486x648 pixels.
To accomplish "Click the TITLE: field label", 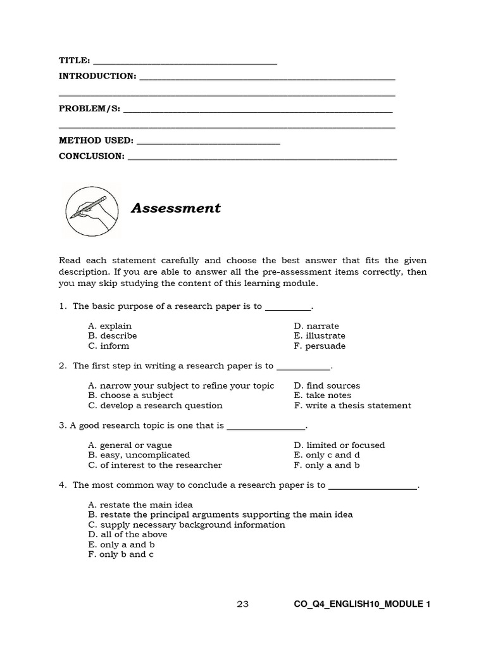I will pyautogui.click(x=75, y=61).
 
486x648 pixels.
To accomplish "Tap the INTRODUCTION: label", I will pyautogui.click(x=97, y=77).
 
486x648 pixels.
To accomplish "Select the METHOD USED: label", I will pyautogui.click(x=96, y=140).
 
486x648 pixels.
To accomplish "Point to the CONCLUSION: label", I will pyautogui.click(x=92, y=156).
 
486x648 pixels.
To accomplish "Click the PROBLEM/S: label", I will pyautogui.click(x=89, y=108).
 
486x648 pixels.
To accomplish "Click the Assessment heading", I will pyautogui.click(x=175, y=208).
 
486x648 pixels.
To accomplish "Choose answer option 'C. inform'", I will pyautogui.click(x=109, y=346).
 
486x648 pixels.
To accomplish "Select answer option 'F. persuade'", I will pyautogui.click(x=320, y=346).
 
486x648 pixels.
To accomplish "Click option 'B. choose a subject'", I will pyautogui.click(x=130, y=396).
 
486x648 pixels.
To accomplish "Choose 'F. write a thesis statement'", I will pyautogui.click(x=352, y=406).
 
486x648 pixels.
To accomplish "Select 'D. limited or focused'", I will pyautogui.click(x=339, y=445).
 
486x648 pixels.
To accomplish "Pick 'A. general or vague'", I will pyautogui.click(x=130, y=445).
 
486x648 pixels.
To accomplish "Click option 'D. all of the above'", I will pyautogui.click(x=128, y=535).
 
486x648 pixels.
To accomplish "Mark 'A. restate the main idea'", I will pyautogui.click(x=140, y=505).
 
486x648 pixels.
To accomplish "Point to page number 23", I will pyautogui.click(x=243, y=604).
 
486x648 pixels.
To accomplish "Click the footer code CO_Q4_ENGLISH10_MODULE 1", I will pyautogui.click(x=362, y=604).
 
